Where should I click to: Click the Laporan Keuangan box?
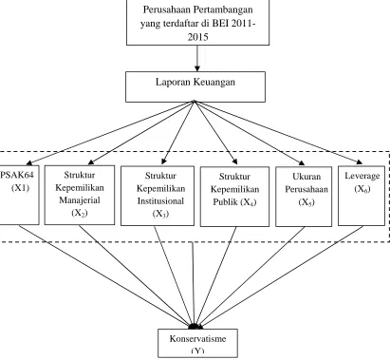(x=195, y=86)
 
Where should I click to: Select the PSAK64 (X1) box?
(x=19, y=195)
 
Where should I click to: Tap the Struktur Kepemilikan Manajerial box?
(x=80, y=195)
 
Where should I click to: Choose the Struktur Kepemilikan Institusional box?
(x=158, y=196)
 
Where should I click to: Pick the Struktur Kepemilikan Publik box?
(x=234, y=197)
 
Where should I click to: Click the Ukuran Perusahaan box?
(x=304, y=197)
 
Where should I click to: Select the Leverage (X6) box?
(x=362, y=196)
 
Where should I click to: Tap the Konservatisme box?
(x=198, y=343)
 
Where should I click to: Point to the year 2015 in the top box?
(x=197, y=37)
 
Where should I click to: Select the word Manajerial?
(x=80, y=200)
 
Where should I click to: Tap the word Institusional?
(x=160, y=201)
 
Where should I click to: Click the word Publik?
(x=226, y=202)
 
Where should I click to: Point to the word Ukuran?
(x=306, y=177)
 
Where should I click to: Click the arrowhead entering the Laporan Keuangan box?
(x=197, y=68)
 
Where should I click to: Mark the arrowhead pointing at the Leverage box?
(x=360, y=162)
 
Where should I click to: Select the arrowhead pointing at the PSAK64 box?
(x=29, y=162)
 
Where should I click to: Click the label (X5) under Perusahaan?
(x=306, y=202)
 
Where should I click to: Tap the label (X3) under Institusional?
(x=160, y=214)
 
